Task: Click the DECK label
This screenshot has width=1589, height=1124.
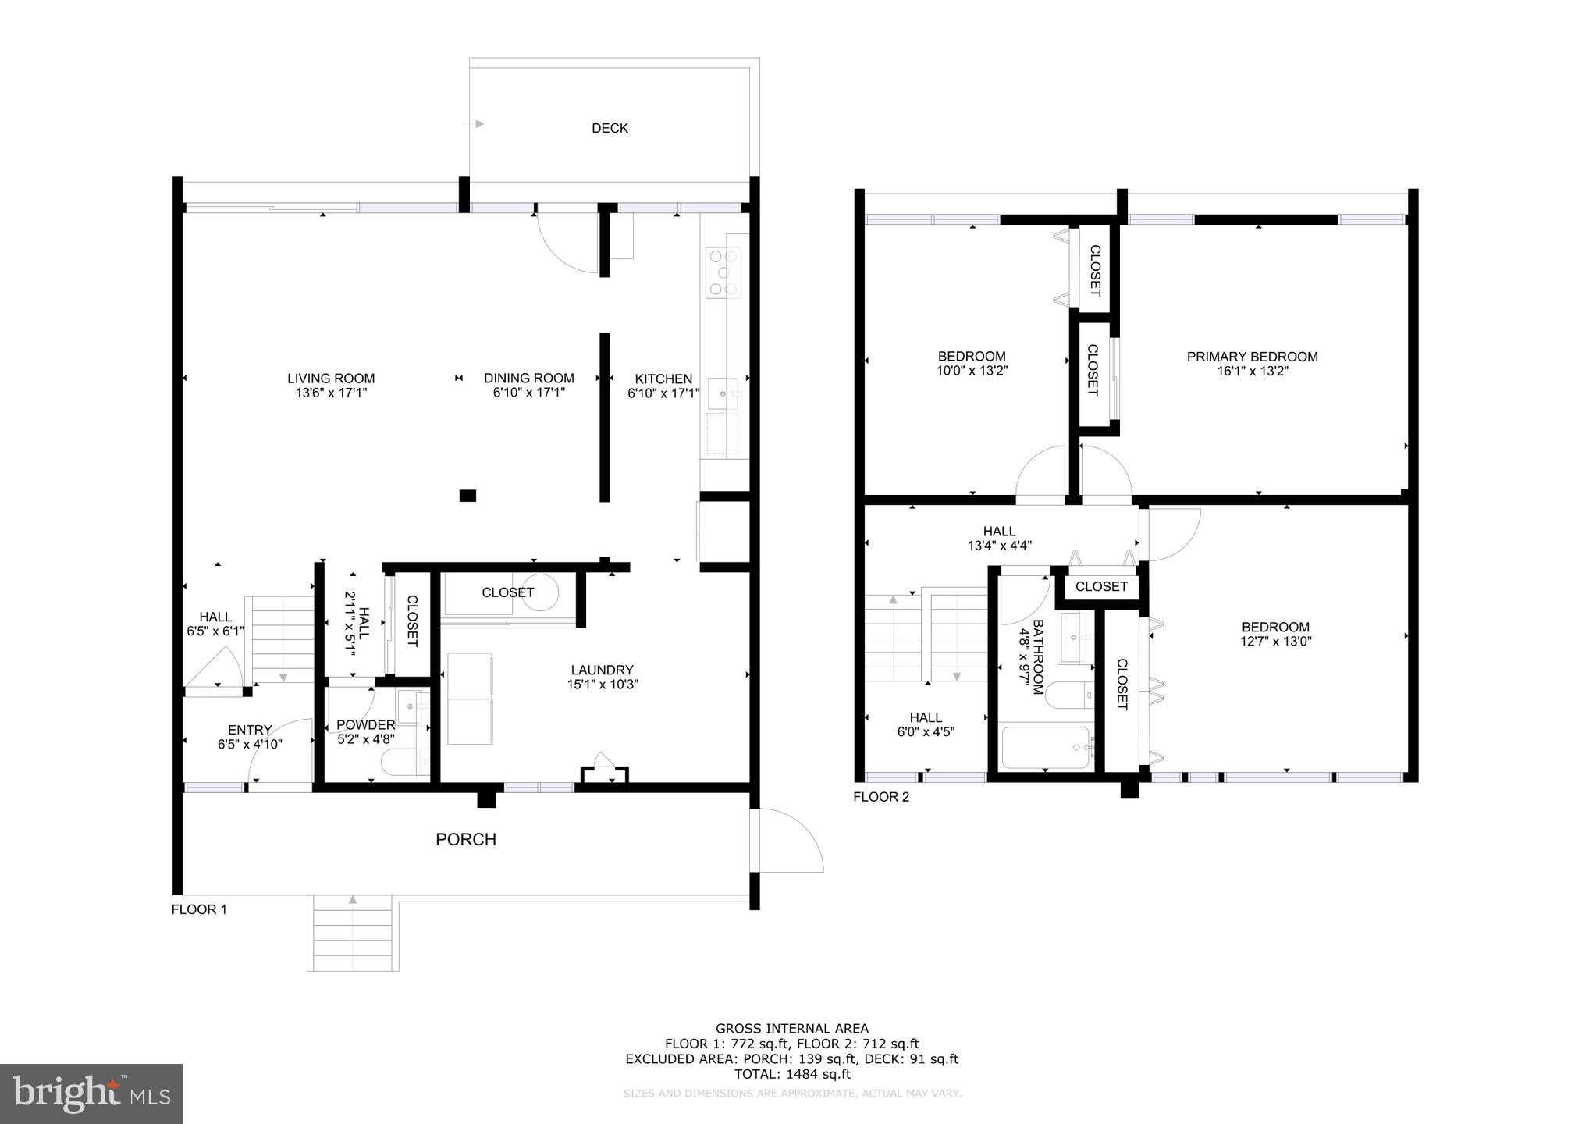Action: pos(610,128)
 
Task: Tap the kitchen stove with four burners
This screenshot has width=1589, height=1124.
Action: pos(723,272)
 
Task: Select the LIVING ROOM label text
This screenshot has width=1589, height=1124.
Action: pos(331,379)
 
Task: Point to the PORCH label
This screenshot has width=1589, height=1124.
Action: pos(466,839)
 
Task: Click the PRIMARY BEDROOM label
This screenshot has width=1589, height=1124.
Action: pos(1252,357)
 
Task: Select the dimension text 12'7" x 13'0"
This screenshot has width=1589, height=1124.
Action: pos(1275,642)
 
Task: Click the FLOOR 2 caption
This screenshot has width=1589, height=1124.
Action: pos(881,797)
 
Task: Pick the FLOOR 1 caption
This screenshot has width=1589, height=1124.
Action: pos(199,909)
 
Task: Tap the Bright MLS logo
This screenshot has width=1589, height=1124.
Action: pos(91,1094)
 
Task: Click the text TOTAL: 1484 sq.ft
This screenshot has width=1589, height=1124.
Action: pos(792,1074)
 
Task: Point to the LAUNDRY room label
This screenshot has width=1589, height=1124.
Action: pos(602,670)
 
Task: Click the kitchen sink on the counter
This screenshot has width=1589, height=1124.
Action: pos(723,395)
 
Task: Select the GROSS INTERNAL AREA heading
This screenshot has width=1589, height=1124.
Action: pos(792,1029)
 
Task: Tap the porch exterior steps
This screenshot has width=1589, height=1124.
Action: pos(353,934)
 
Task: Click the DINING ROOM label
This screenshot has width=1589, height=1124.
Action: pos(529,379)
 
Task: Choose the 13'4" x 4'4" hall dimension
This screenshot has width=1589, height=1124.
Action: pos(999,546)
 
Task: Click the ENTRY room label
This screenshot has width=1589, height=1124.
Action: pos(250,731)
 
